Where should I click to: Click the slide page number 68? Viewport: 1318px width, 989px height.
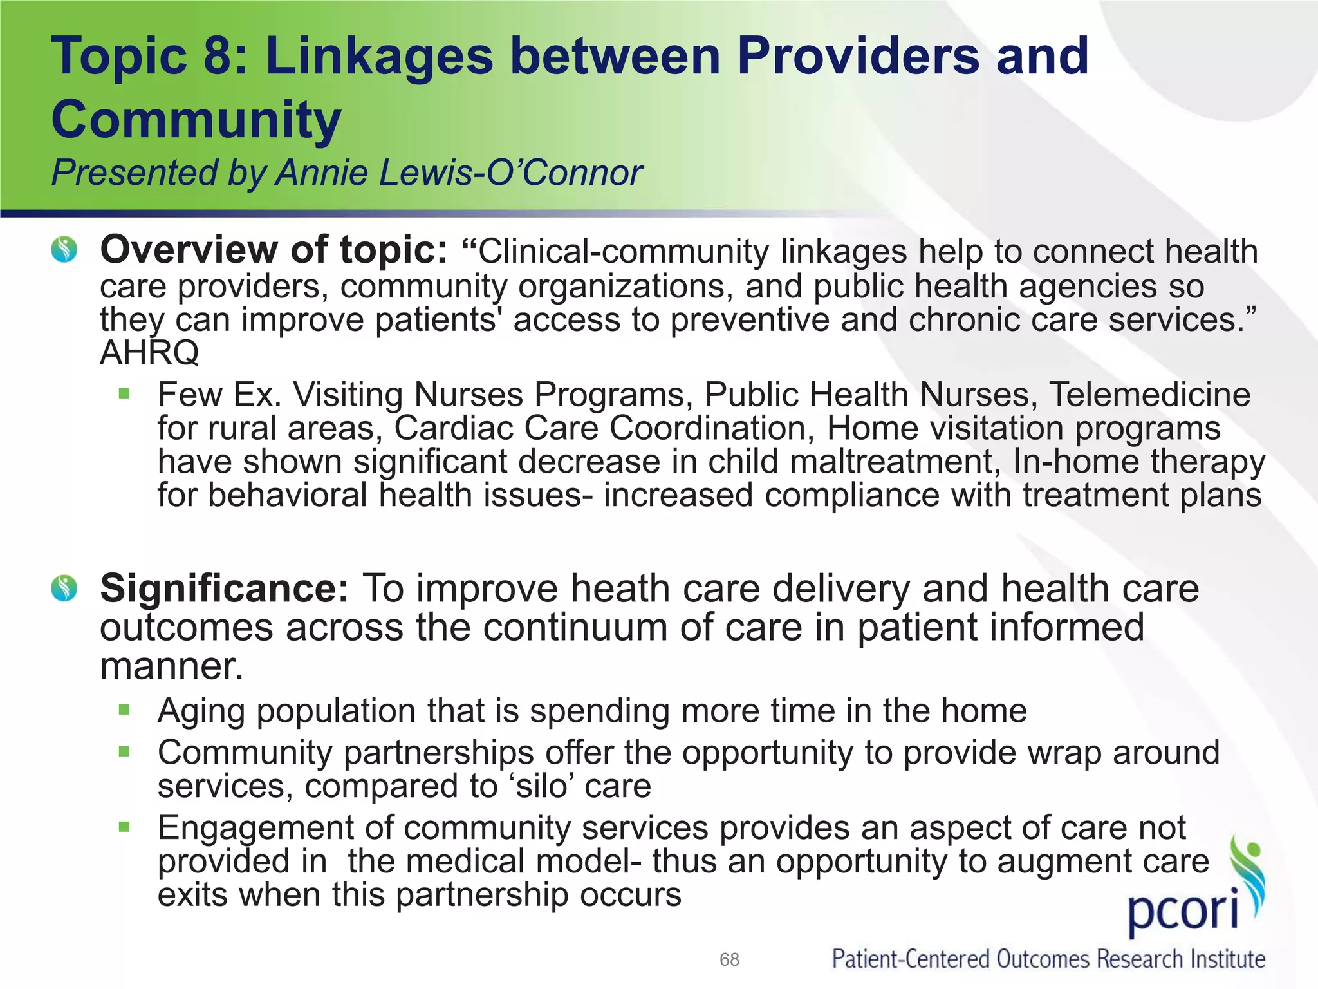[x=729, y=959]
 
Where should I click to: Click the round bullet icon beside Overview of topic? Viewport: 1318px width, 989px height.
[x=64, y=249]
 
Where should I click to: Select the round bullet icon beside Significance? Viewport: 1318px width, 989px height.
[x=64, y=588]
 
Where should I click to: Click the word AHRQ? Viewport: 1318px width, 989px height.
[x=149, y=353]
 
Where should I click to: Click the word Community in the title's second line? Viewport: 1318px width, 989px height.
[x=196, y=119]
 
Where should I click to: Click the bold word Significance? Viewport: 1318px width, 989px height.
[x=225, y=589]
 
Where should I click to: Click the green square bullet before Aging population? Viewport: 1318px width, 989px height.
[x=124, y=710]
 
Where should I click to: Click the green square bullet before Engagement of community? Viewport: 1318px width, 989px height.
[x=124, y=827]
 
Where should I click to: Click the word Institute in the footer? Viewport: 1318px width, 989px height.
[x=1227, y=959]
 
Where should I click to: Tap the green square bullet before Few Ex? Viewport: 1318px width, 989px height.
[x=124, y=393]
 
